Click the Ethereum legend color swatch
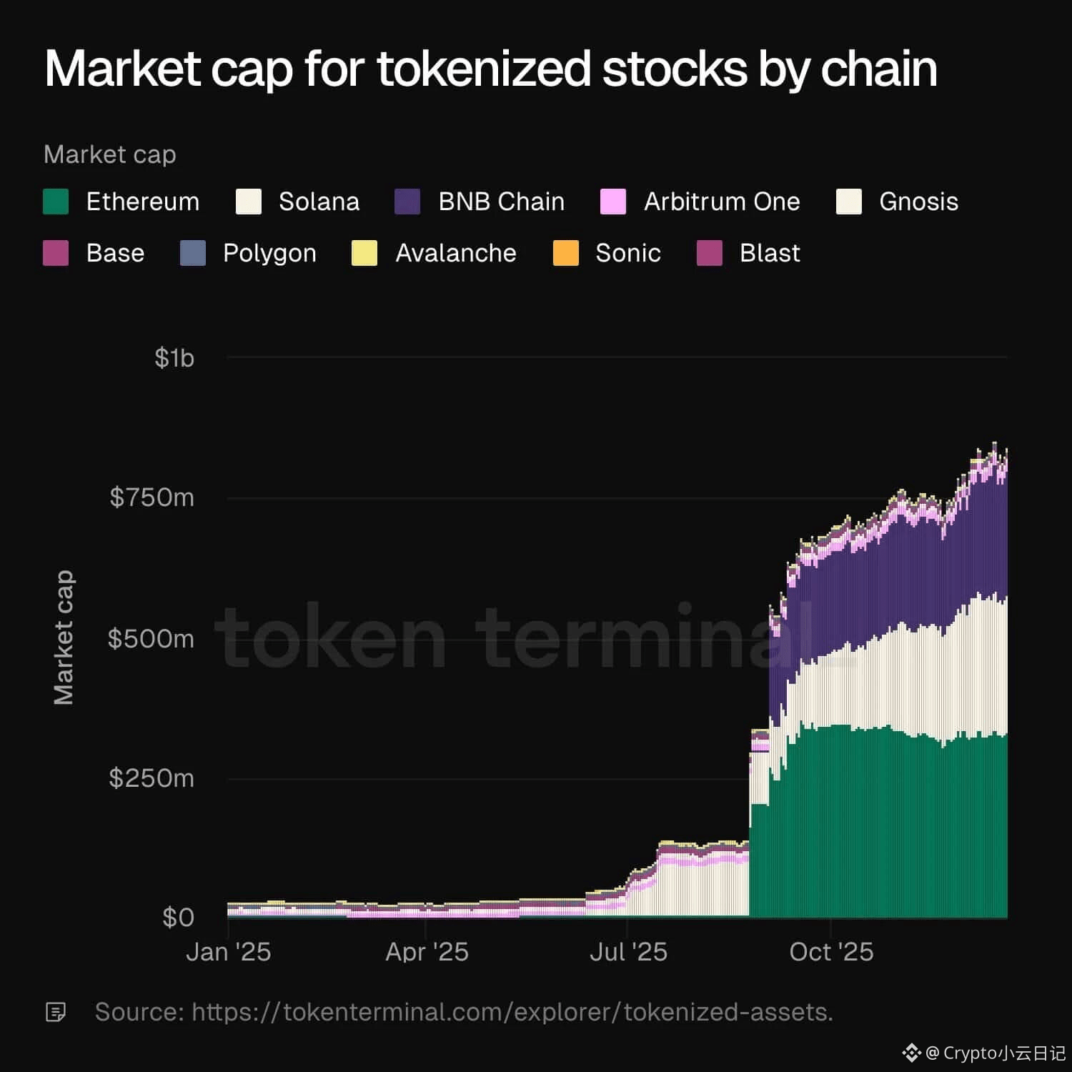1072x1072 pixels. coord(56,202)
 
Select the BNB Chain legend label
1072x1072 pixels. coord(501,202)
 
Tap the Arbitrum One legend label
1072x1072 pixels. coord(721,202)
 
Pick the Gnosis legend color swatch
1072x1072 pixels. coord(849,202)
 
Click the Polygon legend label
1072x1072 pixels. coord(269,253)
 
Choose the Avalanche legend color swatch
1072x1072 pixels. coord(364,253)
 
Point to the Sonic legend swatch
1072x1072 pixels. coord(566,253)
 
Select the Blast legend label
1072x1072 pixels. coord(770,253)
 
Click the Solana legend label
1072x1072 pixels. coord(319,202)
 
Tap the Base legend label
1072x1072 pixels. coord(115,253)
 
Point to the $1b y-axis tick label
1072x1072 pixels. coord(174,357)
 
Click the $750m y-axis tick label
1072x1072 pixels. coord(152,497)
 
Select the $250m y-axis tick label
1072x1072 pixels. coord(152,778)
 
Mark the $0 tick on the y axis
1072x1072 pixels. coord(178,917)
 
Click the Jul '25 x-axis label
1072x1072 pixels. coord(628,952)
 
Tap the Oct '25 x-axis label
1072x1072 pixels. coord(831,952)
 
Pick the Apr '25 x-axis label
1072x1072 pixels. coord(427,952)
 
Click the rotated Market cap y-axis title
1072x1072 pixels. coord(64,637)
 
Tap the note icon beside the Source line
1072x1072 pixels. coord(56,1012)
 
